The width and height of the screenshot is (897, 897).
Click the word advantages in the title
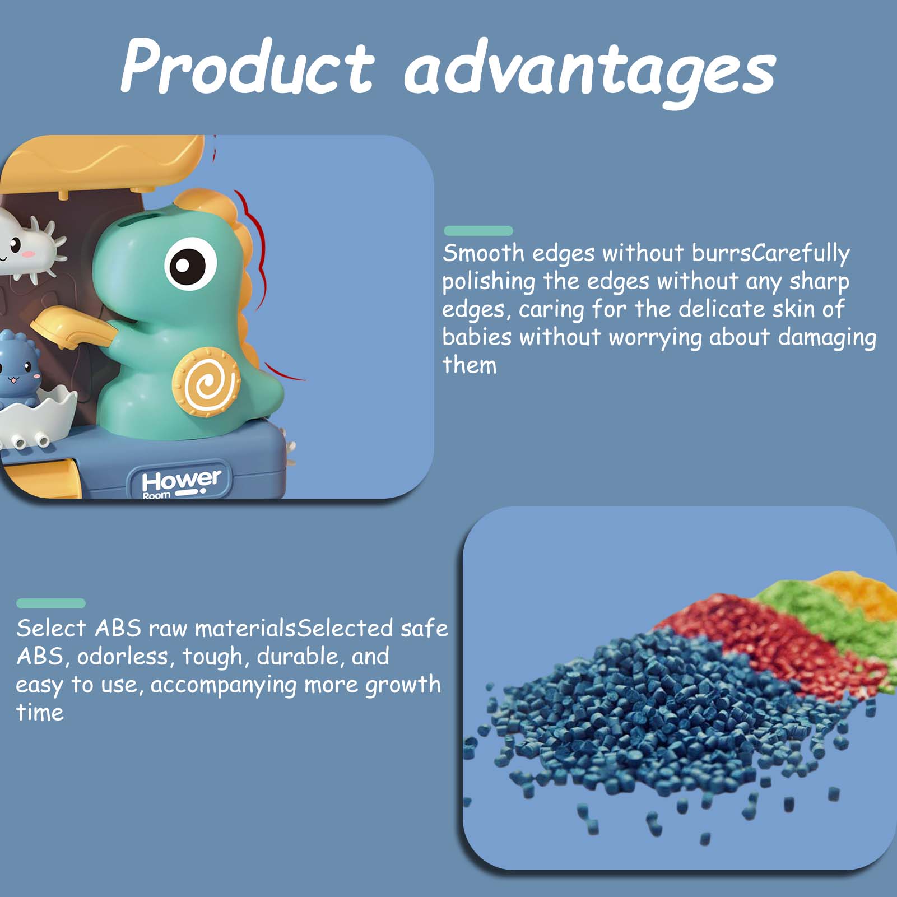click(590, 73)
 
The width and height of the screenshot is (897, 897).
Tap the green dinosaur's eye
click(190, 264)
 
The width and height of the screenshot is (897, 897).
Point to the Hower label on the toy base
click(179, 482)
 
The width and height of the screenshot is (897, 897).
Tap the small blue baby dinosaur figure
click(17, 370)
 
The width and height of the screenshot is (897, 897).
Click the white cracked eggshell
click(36, 417)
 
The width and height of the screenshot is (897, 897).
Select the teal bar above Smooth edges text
click(478, 230)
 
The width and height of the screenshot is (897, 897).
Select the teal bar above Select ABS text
click(50, 603)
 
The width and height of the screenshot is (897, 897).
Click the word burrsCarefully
click(771, 254)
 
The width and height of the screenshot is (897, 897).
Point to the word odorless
click(123, 657)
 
